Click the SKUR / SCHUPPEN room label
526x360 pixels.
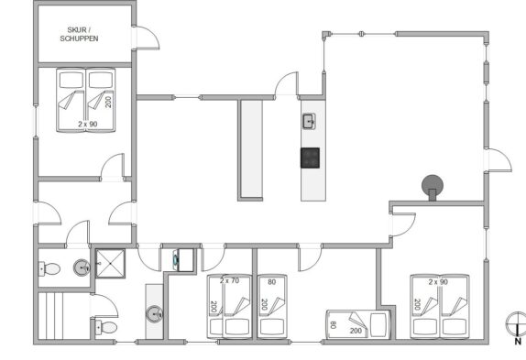tap(79, 35)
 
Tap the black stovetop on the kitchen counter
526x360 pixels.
tap(310, 158)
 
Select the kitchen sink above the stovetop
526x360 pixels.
tap(309, 121)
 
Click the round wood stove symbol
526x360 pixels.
tap(433, 186)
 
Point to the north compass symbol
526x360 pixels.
tap(516, 323)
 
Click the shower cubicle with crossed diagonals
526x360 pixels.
tap(110, 264)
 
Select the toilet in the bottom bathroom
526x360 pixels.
tap(106, 327)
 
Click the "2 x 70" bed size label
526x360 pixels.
tap(229, 280)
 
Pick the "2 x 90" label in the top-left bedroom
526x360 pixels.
tap(88, 124)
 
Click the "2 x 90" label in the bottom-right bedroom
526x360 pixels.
tap(438, 282)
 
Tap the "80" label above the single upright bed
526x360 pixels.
tap(272, 282)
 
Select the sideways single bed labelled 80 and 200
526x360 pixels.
tap(358, 324)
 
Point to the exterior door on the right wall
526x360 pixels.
tap(499, 160)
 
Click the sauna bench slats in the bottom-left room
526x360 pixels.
tap(50, 316)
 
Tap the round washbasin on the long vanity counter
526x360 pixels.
tap(154, 314)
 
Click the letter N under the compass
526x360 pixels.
tap(518, 342)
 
